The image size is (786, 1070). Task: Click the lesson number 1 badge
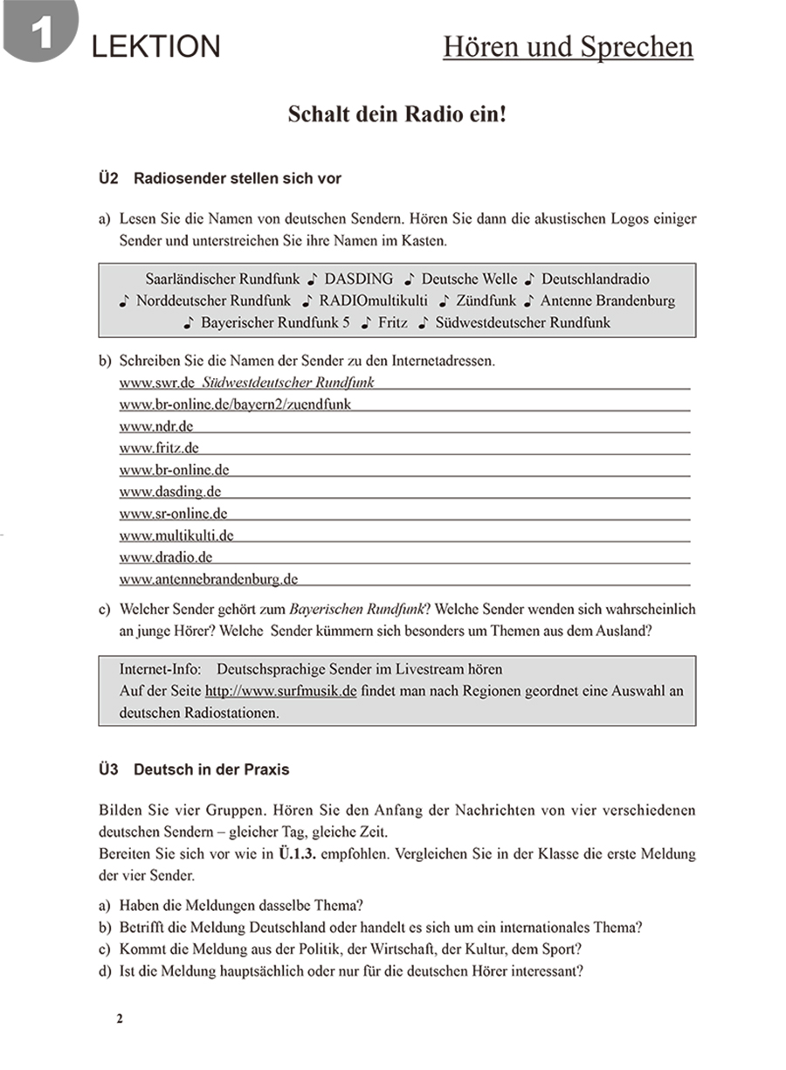pyautogui.click(x=40, y=33)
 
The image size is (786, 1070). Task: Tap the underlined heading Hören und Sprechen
pyautogui.click(x=568, y=46)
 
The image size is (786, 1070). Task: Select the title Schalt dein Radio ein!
pyautogui.click(x=396, y=114)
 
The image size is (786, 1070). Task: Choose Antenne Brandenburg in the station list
pyautogui.click(x=608, y=300)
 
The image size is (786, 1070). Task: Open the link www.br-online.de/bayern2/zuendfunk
pyautogui.click(x=236, y=404)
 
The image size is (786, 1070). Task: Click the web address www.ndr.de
pyautogui.click(x=155, y=426)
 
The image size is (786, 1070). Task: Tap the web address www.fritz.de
pyautogui.click(x=159, y=448)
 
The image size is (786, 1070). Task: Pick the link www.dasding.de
pyautogui.click(x=169, y=492)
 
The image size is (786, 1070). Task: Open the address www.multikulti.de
pyautogui.click(x=176, y=535)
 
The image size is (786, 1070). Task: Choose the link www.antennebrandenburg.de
pyautogui.click(x=209, y=579)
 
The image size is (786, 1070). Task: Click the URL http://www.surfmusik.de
pyautogui.click(x=280, y=691)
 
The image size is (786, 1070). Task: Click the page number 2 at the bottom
pyautogui.click(x=121, y=1018)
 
